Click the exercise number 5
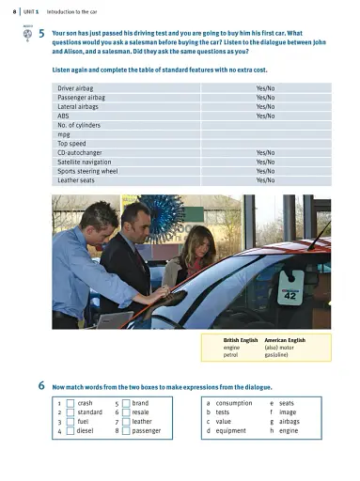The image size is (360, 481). click(43, 34)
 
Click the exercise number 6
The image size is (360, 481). click(43, 386)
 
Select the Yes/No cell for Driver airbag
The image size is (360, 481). click(265, 87)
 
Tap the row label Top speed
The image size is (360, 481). click(73, 143)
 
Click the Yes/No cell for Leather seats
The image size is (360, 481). click(265, 180)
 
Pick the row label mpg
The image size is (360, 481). click(64, 133)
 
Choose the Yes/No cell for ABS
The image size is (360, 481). click(265, 116)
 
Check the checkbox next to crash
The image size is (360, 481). click(70, 403)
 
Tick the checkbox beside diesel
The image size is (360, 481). click(70, 431)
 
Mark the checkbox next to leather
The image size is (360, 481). click(126, 422)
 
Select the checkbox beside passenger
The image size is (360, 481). click(126, 431)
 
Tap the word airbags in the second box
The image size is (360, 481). click(291, 422)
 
